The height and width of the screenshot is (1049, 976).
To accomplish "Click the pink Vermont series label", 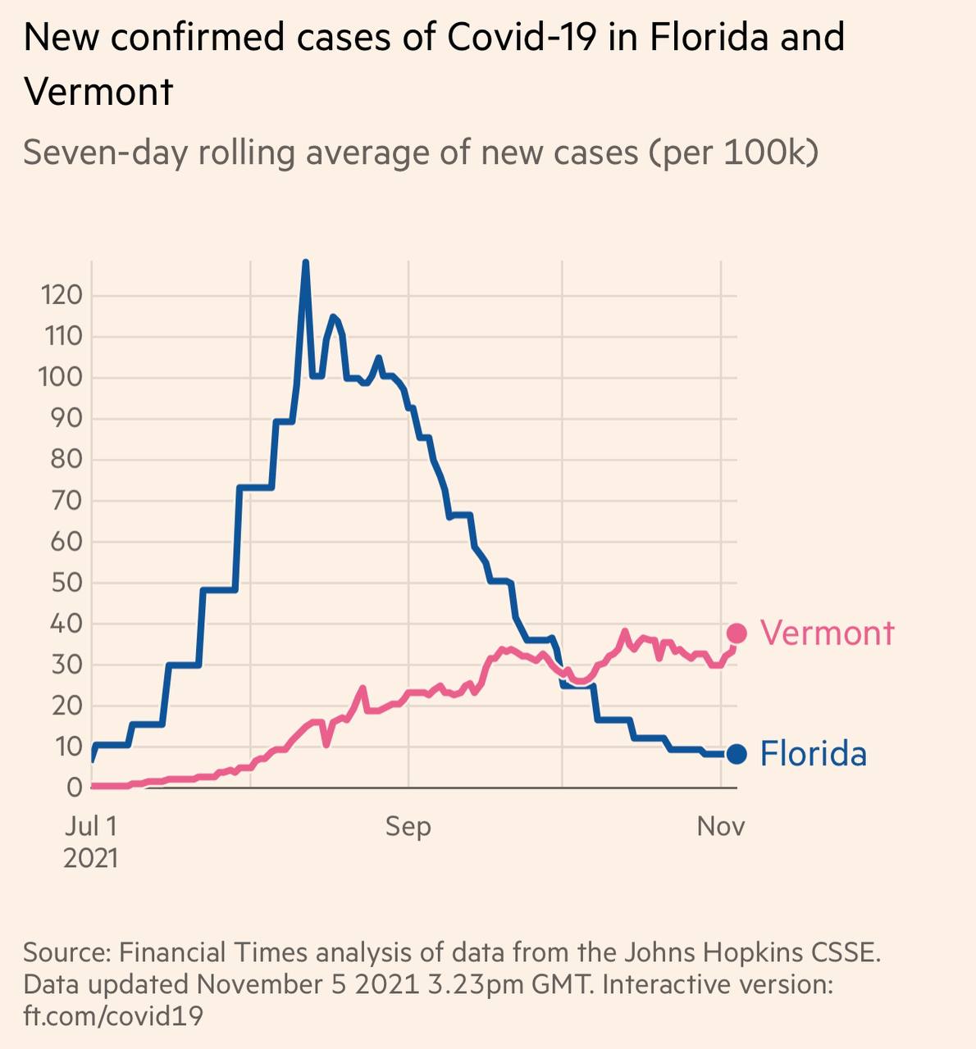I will [827, 633].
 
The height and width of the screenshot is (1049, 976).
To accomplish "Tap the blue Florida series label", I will [813, 754].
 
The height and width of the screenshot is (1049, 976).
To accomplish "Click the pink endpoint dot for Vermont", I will [737, 633].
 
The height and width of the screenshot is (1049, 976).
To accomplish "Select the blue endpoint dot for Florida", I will [737, 754].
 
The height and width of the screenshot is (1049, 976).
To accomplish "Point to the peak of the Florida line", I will [306, 263].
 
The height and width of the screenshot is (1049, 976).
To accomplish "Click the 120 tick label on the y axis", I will [62, 295].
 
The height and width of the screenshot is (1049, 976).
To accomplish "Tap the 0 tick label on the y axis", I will [75, 788].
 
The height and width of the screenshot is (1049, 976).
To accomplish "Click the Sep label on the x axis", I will [408, 826].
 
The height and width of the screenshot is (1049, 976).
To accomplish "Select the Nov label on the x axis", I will [721, 826].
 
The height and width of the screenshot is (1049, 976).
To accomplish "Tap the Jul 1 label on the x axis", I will [90, 826].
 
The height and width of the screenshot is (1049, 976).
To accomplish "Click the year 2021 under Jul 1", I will [90, 858].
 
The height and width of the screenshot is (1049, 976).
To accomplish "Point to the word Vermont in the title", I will [99, 91].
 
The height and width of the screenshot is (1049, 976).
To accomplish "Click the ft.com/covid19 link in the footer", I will [113, 1016].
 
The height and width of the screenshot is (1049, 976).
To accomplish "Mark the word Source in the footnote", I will [66, 952].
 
